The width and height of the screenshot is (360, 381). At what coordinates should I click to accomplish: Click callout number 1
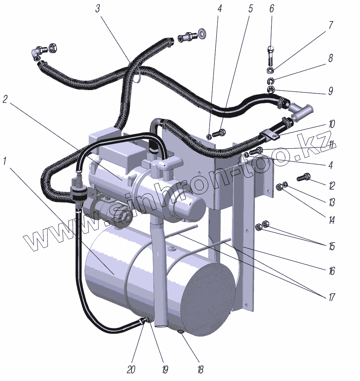[x=5, y=162]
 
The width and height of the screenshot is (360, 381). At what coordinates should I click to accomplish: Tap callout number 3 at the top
[x=98, y=9]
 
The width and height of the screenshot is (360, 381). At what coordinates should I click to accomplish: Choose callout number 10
[x=331, y=125]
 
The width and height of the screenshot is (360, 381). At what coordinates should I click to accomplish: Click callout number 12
[x=331, y=185]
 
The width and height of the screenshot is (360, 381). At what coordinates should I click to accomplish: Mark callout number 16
[x=331, y=270]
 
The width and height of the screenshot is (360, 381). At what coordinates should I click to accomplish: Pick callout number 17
[x=331, y=297]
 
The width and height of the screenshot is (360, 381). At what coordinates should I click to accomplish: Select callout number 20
[x=131, y=369]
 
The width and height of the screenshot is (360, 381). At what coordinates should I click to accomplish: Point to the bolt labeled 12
[x=303, y=177]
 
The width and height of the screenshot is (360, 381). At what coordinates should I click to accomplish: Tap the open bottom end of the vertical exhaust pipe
[x=160, y=325]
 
